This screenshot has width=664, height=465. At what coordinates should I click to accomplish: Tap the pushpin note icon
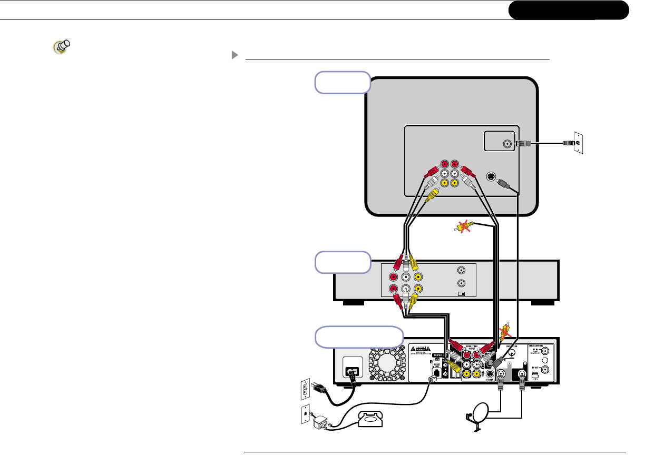click(62, 47)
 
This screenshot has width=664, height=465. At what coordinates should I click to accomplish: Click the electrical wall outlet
click(304, 391)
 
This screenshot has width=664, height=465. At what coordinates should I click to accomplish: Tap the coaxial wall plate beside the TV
click(578, 143)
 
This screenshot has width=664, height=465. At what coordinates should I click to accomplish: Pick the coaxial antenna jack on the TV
click(507, 143)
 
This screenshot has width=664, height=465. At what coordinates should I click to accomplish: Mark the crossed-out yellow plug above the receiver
click(506, 330)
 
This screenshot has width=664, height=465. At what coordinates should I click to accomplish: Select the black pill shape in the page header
click(569, 10)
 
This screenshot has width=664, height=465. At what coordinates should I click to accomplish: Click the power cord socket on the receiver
click(353, 371)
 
